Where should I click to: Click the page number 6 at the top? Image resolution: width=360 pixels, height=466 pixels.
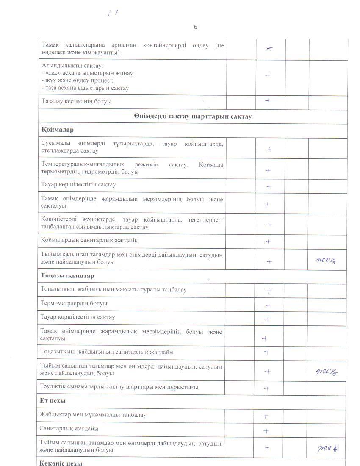point(195,27)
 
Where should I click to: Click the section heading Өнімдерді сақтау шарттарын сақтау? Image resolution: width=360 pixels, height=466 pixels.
point(193,116)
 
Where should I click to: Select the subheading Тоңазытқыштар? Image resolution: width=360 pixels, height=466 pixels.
point(67,276)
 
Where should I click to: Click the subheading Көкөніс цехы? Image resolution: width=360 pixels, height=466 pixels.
point(61,462)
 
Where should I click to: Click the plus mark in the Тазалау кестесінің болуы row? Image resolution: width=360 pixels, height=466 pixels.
point(268,101)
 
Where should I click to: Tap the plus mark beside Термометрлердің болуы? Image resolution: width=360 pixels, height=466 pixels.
point(268,305)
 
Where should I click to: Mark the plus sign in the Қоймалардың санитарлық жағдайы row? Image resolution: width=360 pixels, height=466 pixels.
point(268,241)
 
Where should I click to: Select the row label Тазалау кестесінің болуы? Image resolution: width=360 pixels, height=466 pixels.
point(77,102)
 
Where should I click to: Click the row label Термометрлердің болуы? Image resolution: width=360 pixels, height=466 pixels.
point(74,303)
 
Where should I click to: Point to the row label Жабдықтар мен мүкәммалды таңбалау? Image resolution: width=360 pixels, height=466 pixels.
point(93,415)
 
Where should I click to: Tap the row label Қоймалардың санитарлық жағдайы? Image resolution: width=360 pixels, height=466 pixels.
point(90,240)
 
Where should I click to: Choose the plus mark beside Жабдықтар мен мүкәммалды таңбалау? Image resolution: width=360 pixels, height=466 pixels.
point(265,416)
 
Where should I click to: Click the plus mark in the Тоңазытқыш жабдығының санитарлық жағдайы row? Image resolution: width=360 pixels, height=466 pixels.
point(267,352)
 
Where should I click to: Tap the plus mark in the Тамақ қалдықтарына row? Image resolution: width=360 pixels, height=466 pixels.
point(269,48)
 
